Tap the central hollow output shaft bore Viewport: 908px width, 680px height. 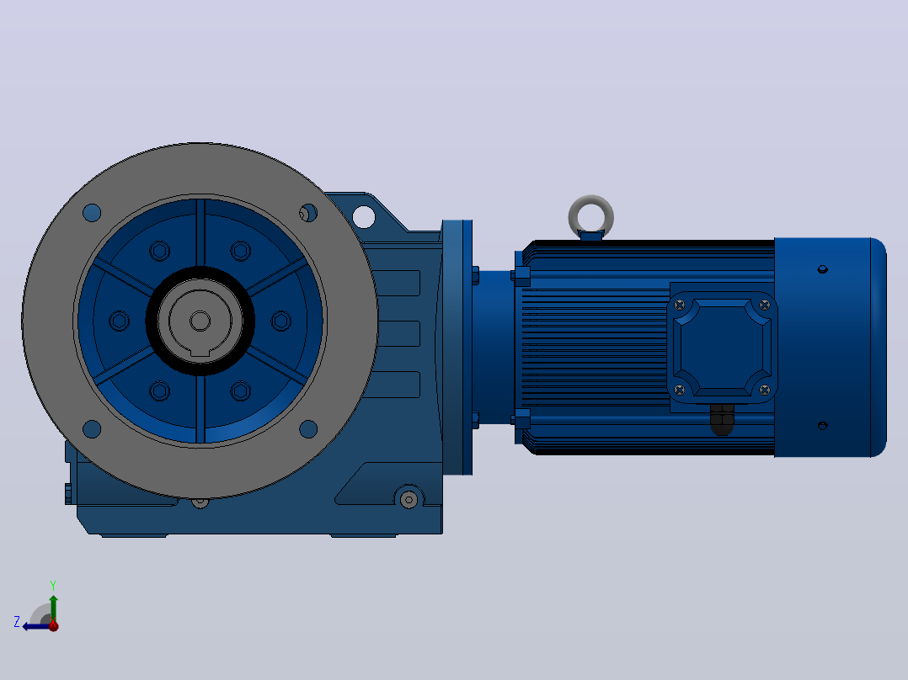(200, 321)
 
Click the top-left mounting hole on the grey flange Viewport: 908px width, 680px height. (92, 213)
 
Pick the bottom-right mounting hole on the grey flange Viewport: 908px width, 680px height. (308, 429)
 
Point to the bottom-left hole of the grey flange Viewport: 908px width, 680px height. (92, 429)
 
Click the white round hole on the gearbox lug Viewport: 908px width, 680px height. (364, 216)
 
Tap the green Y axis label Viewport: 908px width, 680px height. (53, 585)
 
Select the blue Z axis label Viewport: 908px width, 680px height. (17, 622)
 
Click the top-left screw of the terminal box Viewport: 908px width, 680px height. (680, 305)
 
